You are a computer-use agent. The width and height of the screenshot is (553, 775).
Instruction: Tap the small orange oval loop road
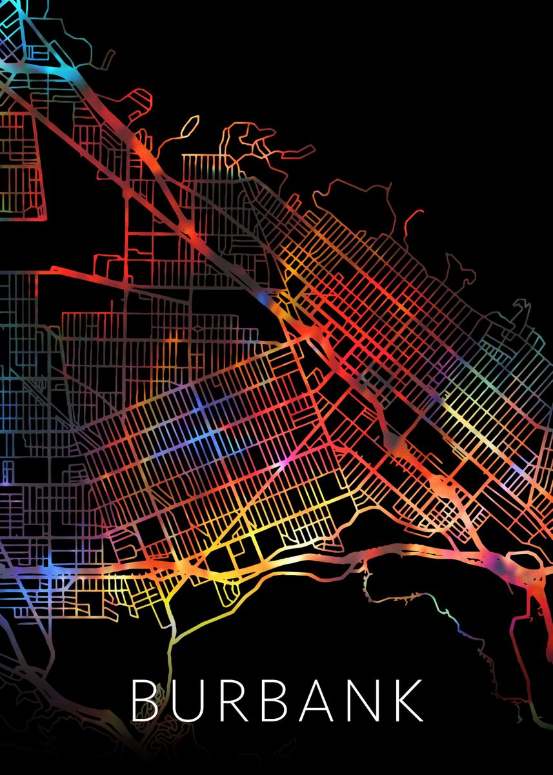[x=186, y=127]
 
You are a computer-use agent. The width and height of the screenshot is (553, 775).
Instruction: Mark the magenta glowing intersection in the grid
[x=284, y=462]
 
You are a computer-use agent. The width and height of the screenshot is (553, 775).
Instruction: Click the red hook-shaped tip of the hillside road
[x=419, y=213]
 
